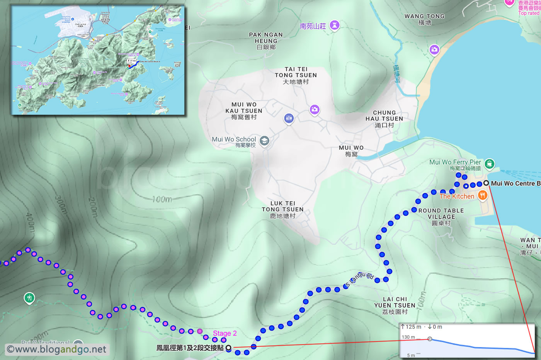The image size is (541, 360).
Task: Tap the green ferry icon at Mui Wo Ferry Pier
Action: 489,163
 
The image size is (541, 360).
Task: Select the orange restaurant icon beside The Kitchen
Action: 482,195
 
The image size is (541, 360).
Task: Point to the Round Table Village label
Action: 441,217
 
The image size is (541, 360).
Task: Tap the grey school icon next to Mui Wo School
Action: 264,141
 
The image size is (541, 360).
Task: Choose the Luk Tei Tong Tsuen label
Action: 282,210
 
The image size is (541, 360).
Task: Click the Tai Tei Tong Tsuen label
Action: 296,75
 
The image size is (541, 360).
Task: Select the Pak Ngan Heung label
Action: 266,41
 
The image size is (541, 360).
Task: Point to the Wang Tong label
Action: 424,19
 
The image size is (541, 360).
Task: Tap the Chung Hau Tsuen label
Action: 384,119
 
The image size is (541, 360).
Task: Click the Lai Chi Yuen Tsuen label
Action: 395,305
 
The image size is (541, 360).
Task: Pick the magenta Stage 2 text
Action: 225,333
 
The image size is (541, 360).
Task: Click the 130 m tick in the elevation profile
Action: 408,337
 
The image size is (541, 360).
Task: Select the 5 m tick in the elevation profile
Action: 411,355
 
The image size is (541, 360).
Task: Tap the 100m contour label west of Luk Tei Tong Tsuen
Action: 162,199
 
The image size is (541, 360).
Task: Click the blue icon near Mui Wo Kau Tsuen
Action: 289,118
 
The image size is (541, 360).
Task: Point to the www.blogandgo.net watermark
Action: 57,350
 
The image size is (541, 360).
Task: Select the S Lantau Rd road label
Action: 359,280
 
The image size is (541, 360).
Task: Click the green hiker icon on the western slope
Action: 29,298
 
